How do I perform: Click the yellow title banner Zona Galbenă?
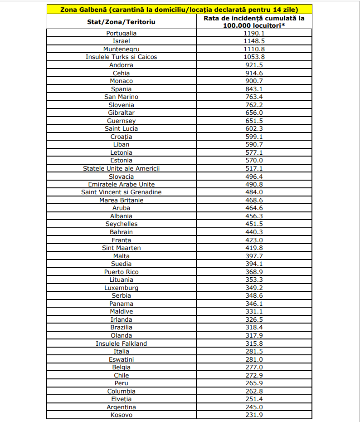pos(180,9)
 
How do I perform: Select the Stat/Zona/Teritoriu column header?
pos(121,21)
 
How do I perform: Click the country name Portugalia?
pos(121,33)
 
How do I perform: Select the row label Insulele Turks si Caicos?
pos(121,57)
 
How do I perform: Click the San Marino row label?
pos(121,97)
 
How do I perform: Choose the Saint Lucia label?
pos(121,128)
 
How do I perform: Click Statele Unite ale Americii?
pos(121,168)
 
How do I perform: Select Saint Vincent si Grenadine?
pos(121,192)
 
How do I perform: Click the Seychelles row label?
pos(121,224)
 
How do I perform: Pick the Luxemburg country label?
pos(121,288)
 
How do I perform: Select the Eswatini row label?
pos(121,359)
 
